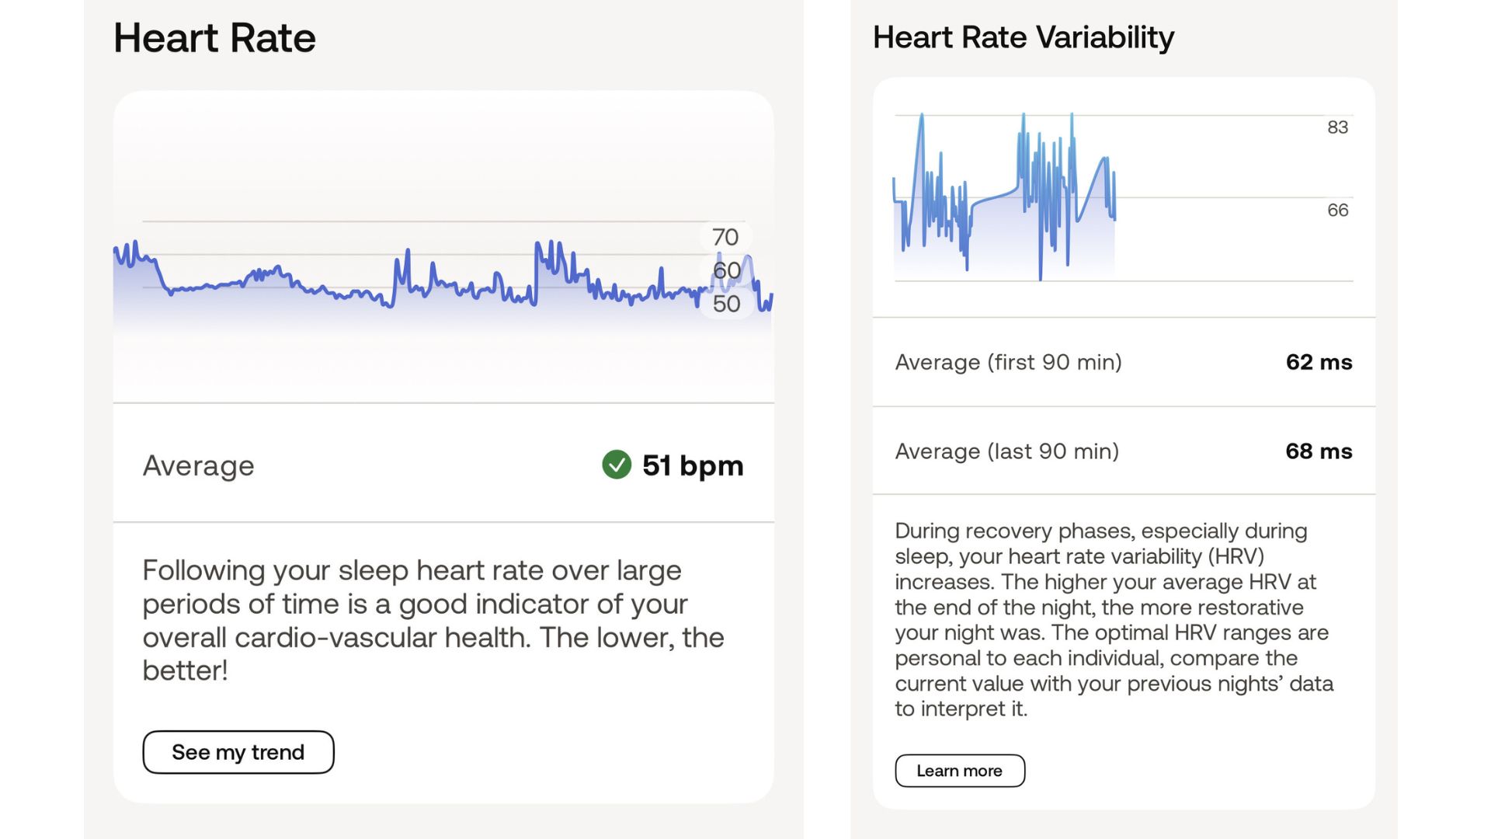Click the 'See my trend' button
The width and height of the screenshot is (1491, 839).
(238, 752)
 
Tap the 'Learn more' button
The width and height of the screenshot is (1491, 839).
(959, 771)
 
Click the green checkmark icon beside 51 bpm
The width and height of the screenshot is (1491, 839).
(617, 465)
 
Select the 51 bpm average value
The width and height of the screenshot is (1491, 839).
(693, 465)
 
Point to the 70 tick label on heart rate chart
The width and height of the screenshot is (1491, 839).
(725, 237)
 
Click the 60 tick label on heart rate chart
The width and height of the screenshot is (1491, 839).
(726, 270)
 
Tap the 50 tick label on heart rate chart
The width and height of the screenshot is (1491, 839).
(726, 304)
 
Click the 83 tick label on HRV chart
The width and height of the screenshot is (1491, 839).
(1337, 127)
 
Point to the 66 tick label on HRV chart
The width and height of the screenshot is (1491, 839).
(1337, 210)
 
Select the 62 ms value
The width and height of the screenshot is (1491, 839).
(1319, 362)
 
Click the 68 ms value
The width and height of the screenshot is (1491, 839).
(1319, 451)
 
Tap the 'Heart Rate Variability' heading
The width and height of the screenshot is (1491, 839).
(1024, 37)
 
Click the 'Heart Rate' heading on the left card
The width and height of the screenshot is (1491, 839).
(214, 38)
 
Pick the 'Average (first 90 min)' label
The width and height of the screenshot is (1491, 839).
(1008, 362)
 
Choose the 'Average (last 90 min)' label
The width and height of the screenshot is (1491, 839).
(1006, 451)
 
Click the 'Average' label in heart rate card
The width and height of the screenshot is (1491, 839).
(198, 465)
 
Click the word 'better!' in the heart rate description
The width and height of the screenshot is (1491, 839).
(185, 670)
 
